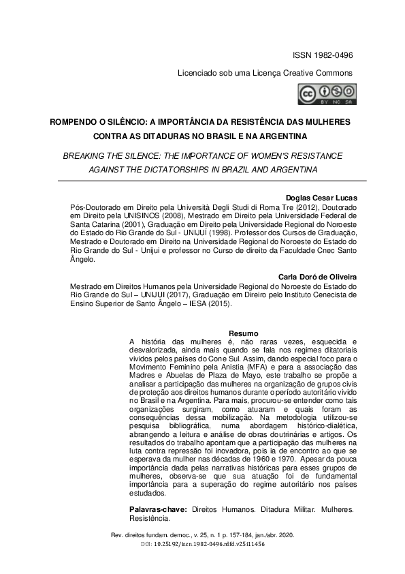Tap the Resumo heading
pyautogui.click(x=242, y=333)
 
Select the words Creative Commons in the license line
pyautogui.click(x=319, y=73)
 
